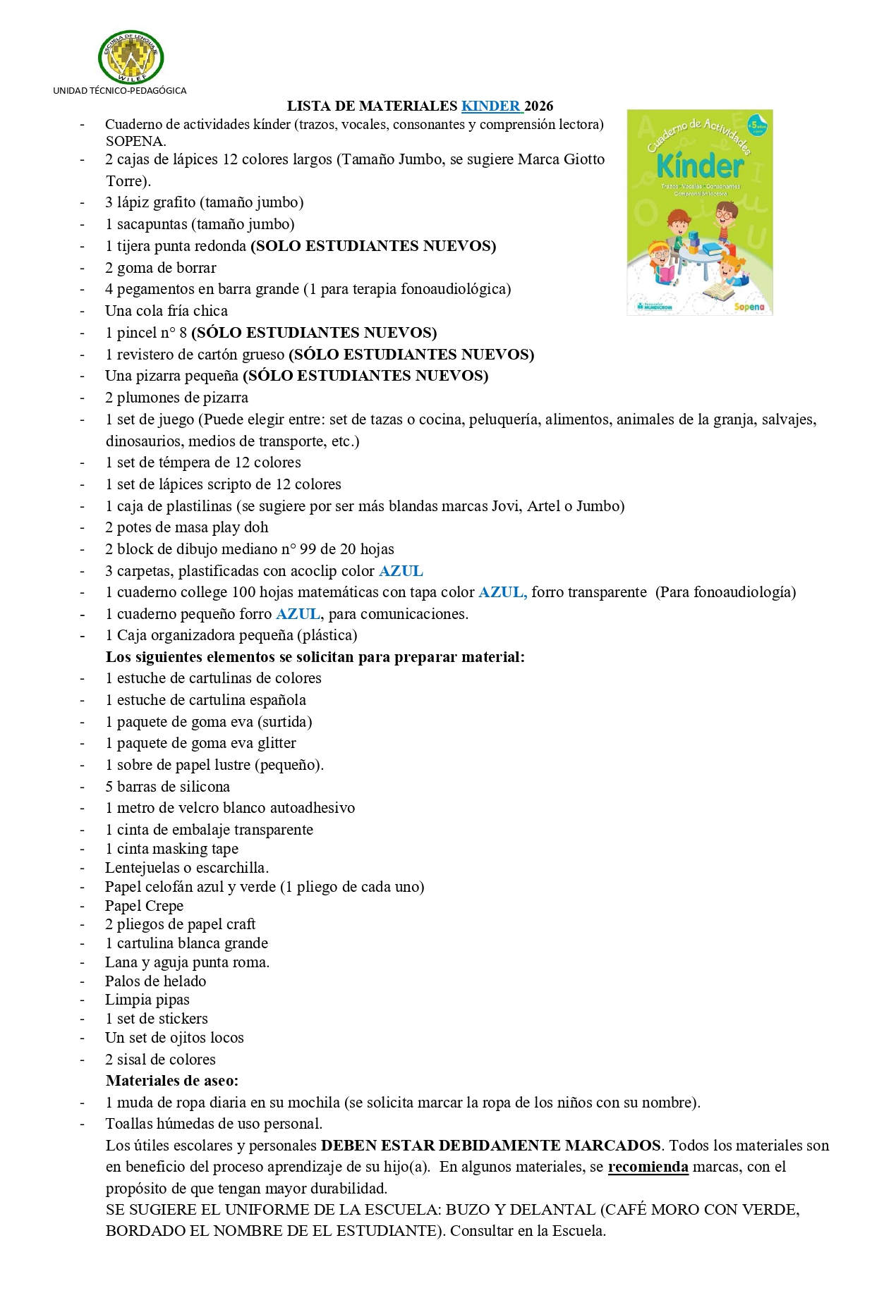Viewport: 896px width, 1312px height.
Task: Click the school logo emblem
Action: (x=131, y=57)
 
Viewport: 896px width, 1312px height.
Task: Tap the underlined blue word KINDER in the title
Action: (x=491, y=106)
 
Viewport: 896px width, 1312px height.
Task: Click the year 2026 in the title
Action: (x=539, y=106)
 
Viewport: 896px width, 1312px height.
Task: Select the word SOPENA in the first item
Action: (x=135, y=140)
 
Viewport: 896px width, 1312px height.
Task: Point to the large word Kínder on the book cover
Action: (x=700, y=166)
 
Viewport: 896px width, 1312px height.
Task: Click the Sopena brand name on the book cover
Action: (x=749, y=307)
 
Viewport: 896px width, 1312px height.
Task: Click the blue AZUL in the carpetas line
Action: (x=401, y=571)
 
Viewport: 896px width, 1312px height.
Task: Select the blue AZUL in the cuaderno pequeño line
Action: (x=298, y=614)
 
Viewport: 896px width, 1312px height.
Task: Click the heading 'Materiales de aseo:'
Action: (x=172, y=1080)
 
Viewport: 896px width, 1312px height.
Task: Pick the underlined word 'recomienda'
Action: (x=648, y=1167)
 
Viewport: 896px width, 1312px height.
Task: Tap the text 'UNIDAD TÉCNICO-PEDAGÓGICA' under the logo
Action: (x=120, y=90)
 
